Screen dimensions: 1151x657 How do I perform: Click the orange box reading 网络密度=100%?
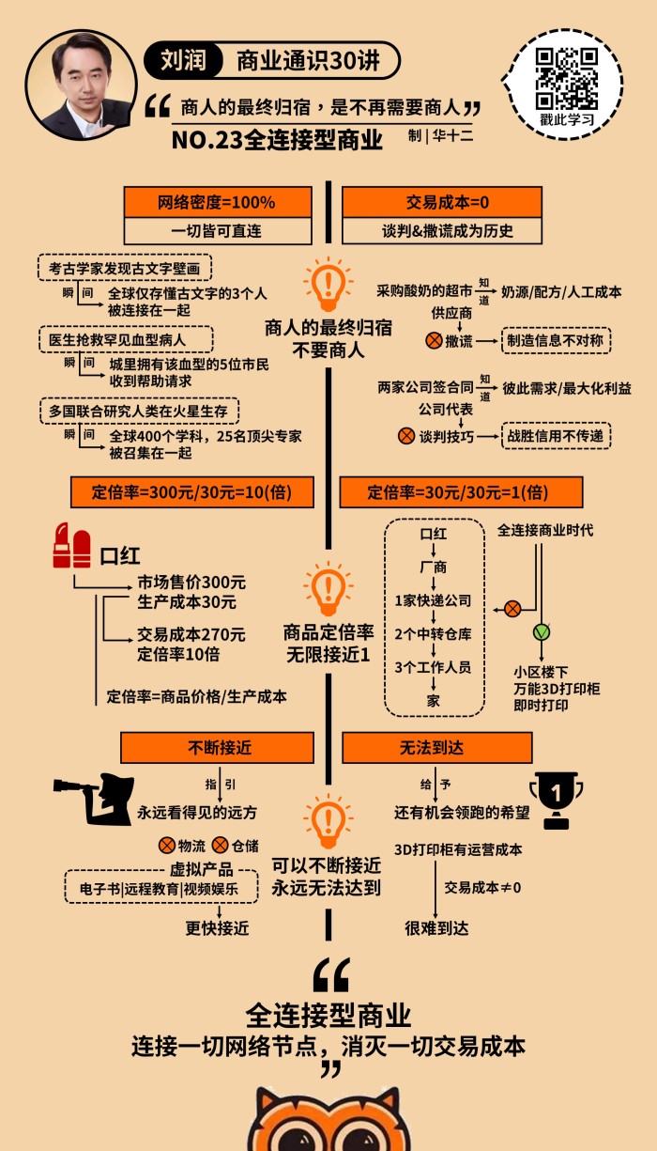point(217,202)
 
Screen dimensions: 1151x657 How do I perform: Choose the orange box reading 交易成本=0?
point(441,202)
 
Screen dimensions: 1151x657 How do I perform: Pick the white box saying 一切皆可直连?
point(217,230)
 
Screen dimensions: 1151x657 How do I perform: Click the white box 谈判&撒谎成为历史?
point(441,230)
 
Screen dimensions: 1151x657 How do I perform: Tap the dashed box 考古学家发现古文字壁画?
point(125,268)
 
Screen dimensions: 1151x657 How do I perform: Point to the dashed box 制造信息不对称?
point(556,340)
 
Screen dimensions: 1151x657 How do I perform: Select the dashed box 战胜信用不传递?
point(556,436)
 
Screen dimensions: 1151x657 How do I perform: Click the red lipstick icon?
point(71,550)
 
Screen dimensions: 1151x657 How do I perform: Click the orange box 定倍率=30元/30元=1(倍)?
point(461,491)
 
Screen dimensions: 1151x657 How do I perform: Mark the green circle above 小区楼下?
point(542,630)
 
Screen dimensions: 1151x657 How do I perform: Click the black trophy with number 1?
point(555,798)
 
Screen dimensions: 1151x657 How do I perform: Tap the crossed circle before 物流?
point(166,844)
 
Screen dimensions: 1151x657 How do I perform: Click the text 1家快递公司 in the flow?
point(433,600)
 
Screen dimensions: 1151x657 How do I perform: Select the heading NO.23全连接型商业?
point(278,140)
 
